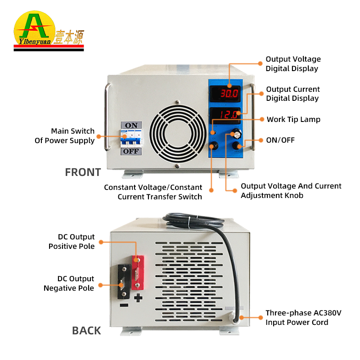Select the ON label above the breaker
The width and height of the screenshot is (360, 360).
pyautogui.click(x=131, y=125)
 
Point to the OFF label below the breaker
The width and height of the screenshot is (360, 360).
pyautogui.click(x=131, y=152)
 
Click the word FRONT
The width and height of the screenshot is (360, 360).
pyautogui.click(x=83, y=172)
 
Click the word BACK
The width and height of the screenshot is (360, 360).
pyautogui.click(x=86, y=331)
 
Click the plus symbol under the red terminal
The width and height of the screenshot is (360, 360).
pyautogui.click(x=139, y=297)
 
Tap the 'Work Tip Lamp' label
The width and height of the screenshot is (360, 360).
pyautogui.click(x=293, y=119)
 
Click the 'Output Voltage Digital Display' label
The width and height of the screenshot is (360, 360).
pyautogui.click(x=293, y=64)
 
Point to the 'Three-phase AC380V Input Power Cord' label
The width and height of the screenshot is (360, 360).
pyautogui.click(x=297, y=317)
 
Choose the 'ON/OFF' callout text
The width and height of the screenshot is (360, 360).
pyautogui.click(x=280, y=140)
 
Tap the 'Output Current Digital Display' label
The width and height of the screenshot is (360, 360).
pyautogui.click(x=292, y=94)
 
